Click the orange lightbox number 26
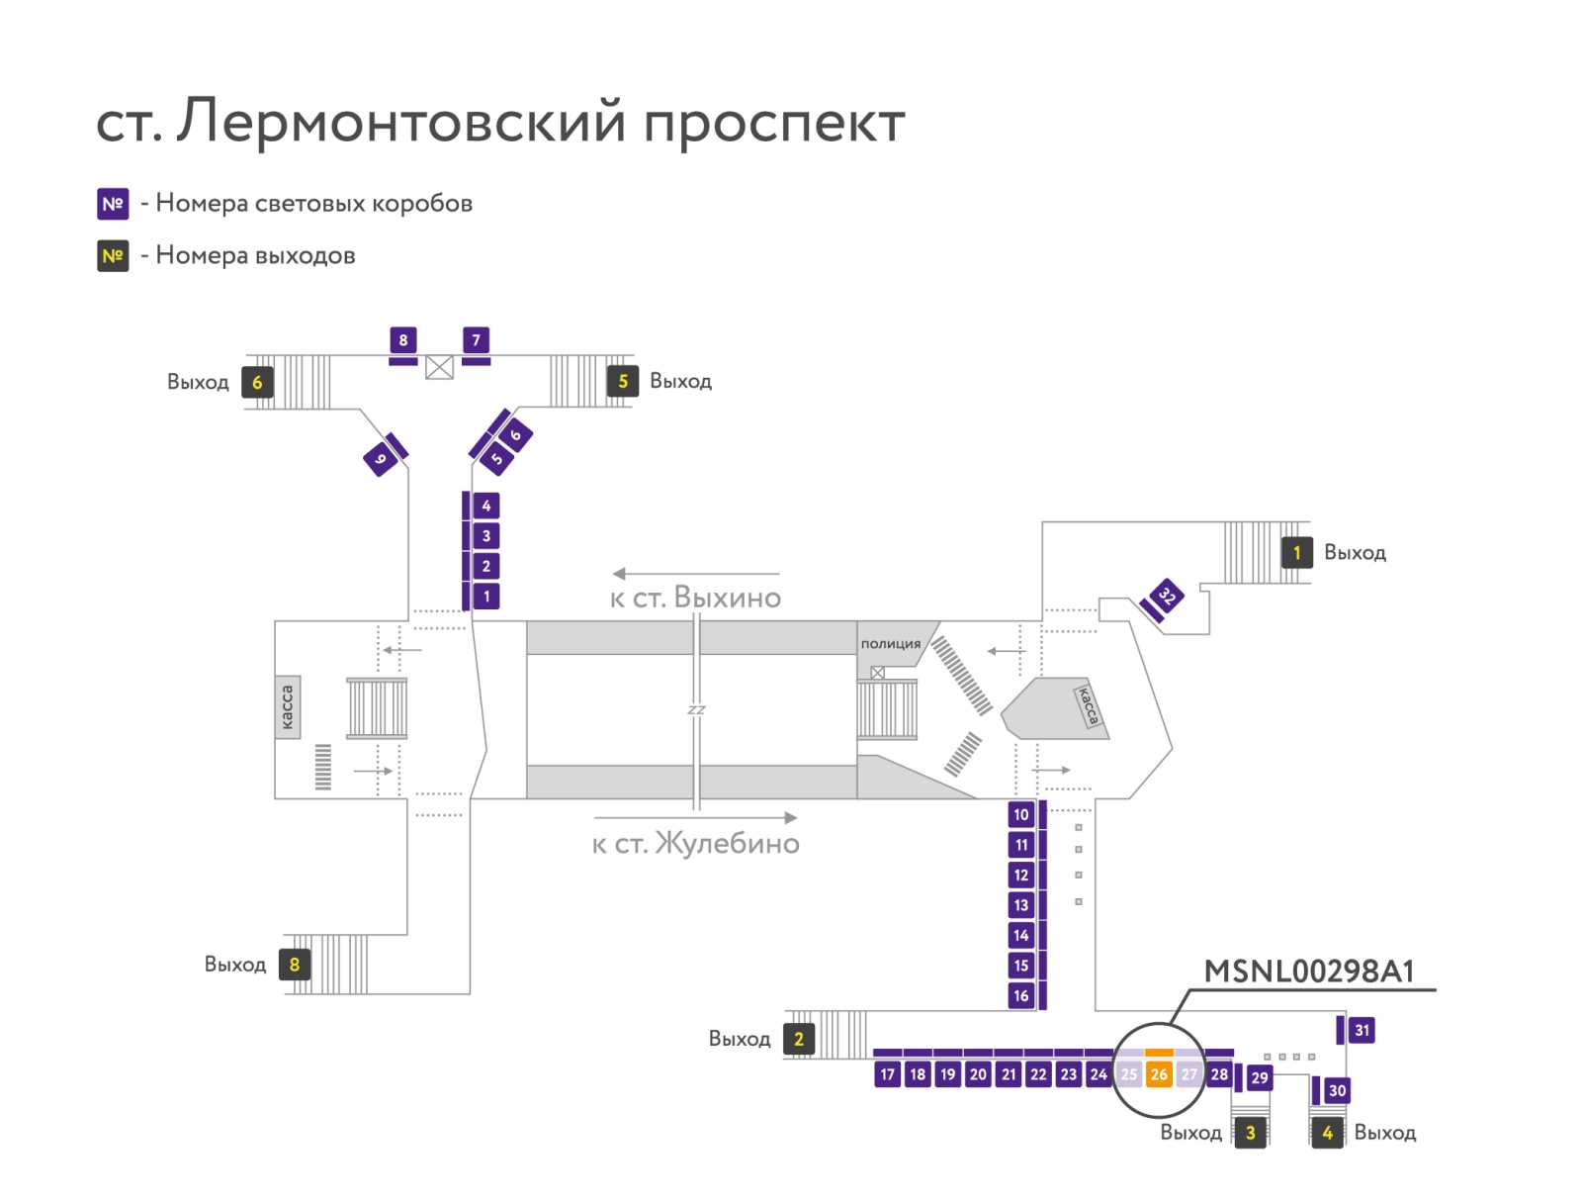1158,1074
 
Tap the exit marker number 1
1296,553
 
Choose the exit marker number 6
257,382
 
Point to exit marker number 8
295,965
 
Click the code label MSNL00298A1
1309,972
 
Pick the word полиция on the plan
890,644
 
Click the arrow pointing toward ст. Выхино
695,574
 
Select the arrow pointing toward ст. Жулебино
695,817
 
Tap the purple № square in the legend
113,204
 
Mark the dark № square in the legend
113,256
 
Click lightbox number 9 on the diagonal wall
381,459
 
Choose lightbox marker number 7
476,340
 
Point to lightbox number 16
1021,996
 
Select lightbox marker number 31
1362,1030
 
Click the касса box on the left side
288,707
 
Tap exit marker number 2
799,1039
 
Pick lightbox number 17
887,1074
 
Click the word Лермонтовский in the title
401,121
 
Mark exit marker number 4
1328,1133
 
